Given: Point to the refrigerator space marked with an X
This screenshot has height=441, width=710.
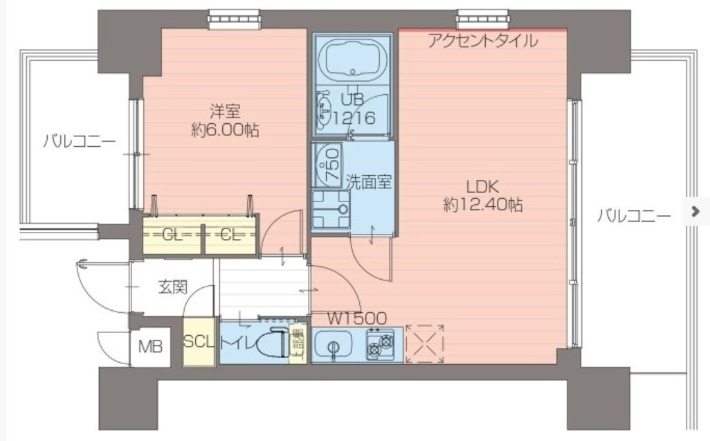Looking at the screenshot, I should [424, 344].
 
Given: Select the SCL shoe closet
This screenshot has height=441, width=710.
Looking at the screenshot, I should [199, 343].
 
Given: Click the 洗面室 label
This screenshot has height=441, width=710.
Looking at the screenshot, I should [369, 182].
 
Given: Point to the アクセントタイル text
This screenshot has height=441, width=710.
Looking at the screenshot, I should [482, 41].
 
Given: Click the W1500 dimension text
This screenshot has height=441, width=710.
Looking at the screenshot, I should [356, 318].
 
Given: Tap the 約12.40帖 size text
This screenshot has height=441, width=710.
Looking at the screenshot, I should [482, 205].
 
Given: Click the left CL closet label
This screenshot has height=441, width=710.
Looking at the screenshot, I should [172, 235].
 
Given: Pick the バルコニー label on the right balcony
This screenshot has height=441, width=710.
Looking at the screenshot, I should [634, 216].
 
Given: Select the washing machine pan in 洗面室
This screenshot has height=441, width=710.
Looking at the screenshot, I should [330, 208].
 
